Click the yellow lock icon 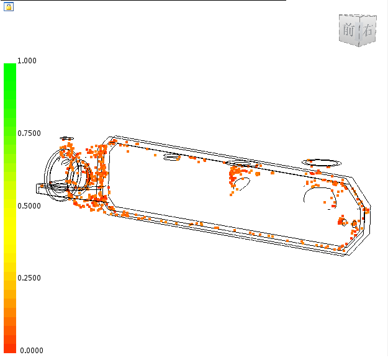[x=9, y=7]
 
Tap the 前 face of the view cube [x=349, y=30]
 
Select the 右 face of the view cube [x=368, y=30]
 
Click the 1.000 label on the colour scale [x=27, y=61]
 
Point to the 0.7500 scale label [x=29, y=133]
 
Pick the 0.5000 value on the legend [x=29, y=206]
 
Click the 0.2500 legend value [x=29, y=278]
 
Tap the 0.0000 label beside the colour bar [x=32, y=350]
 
